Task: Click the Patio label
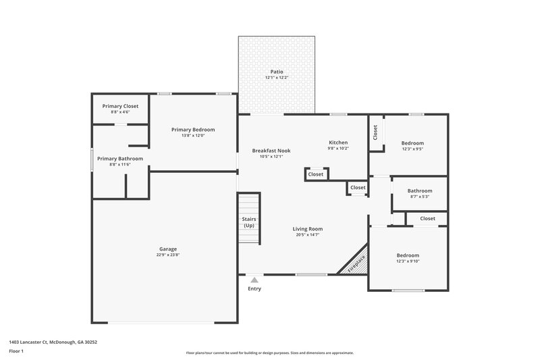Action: (277, 71)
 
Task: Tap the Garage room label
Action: (168, 248)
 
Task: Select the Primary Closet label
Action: (120, 106)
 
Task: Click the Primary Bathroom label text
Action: (120, 158)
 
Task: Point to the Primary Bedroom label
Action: (193, 129)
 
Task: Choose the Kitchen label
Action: (338, 143)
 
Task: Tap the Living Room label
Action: (307, 228)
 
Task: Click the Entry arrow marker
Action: (254, 279)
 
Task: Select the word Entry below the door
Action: (254, 288)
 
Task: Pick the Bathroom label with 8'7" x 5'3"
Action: (420, 190)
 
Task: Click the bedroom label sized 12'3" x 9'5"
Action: (412, 143)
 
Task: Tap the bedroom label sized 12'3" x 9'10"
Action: (407, 255)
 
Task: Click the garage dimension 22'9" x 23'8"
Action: (168, 255)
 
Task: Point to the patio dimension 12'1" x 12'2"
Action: (277, 78)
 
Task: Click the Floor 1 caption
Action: (16, 351)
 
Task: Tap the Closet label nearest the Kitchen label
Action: (316, 174)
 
